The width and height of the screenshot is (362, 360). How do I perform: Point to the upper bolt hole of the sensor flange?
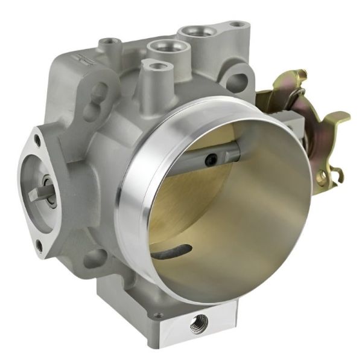coord(37,140)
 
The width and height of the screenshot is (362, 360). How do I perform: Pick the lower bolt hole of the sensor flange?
coord(40,245)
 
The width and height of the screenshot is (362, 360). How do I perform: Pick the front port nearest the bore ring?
coord(155,66)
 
